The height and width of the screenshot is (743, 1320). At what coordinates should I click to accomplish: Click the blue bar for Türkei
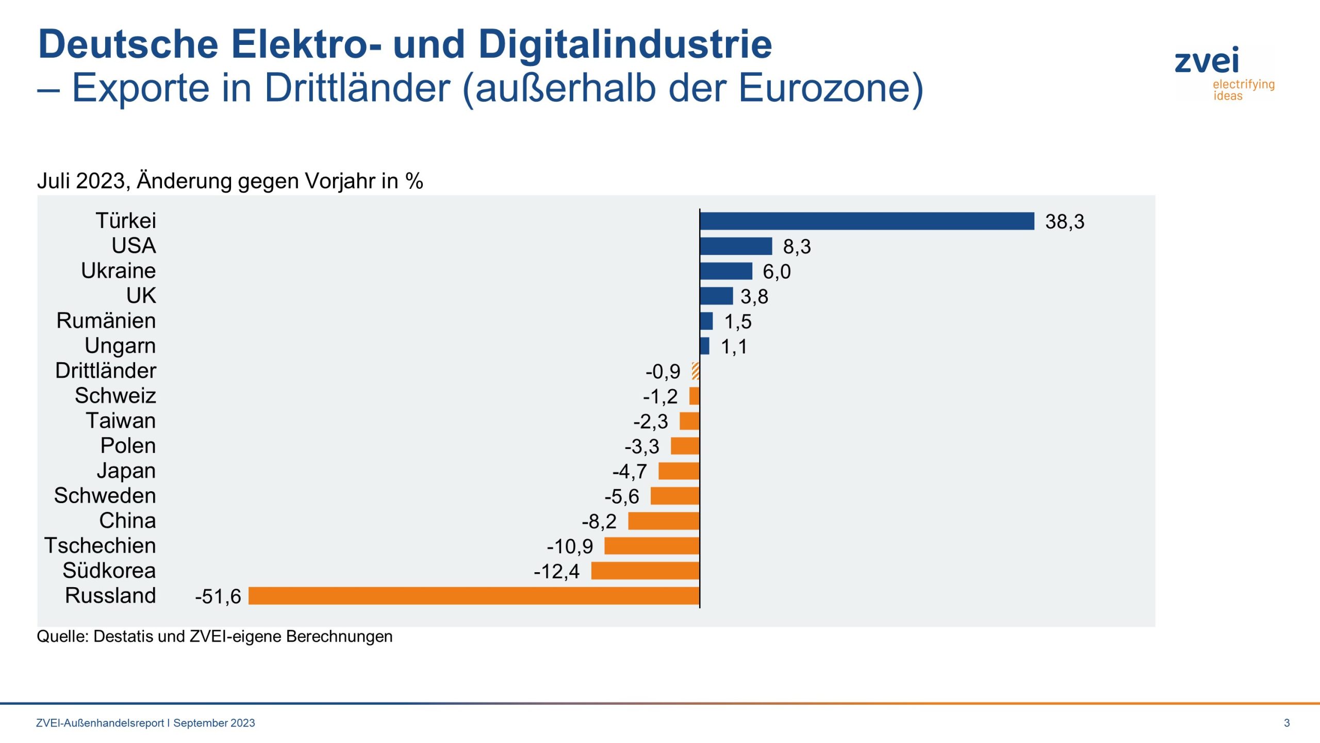[x=866, y=221]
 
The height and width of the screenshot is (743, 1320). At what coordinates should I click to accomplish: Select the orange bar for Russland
[x=473, y=595]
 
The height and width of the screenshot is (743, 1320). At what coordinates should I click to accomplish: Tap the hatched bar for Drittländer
[x=696, y=371]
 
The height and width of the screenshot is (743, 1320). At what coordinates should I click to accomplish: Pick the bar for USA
[x=736, y=246]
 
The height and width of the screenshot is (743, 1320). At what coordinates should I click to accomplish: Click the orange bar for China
[x=664, y=521]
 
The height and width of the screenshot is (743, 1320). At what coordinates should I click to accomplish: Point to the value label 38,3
[x=1064, y=222]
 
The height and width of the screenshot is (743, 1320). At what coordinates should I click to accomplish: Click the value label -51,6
[x=218, y=596]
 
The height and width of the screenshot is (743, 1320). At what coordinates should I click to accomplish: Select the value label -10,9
[x=570, y=546]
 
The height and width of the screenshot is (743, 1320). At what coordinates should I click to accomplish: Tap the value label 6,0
[x=777, y=272]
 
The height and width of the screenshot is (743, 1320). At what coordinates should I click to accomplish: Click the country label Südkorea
[x=109, y=571]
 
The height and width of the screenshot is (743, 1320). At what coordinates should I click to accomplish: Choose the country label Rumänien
[x=106, y=321]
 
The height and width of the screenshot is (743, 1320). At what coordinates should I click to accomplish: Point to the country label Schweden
[x=105, y=496]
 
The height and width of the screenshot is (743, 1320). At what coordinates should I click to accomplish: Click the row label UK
[x=141, y=296]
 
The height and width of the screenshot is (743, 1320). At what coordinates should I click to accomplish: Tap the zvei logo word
[x=1207, y=61]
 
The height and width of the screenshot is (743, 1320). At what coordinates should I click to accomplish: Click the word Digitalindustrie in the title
[x=625, y=44]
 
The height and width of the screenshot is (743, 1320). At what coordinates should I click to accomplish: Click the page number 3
[x=1286, y=723]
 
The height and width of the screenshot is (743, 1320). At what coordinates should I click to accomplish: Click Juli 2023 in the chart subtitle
[x=82, y=181]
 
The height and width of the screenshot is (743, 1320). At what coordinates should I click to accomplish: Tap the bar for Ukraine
[x=725, y=271]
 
